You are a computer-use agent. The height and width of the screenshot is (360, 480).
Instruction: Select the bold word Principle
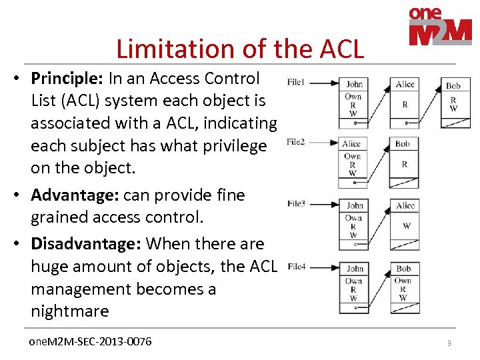(x=65, y=79)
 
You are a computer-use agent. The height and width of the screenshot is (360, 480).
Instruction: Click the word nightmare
(x=70, y=311)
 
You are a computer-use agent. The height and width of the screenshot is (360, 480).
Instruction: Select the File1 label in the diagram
(x=296, y=82)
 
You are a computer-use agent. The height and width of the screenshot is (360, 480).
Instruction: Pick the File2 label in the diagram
(x=296, y=142)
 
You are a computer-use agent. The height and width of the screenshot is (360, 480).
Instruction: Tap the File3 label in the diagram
(x=296, y=203)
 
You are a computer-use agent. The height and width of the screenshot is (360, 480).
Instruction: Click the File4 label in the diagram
(x=296, y=267)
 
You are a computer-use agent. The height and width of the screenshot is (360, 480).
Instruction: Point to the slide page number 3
(x=449, y=343)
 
